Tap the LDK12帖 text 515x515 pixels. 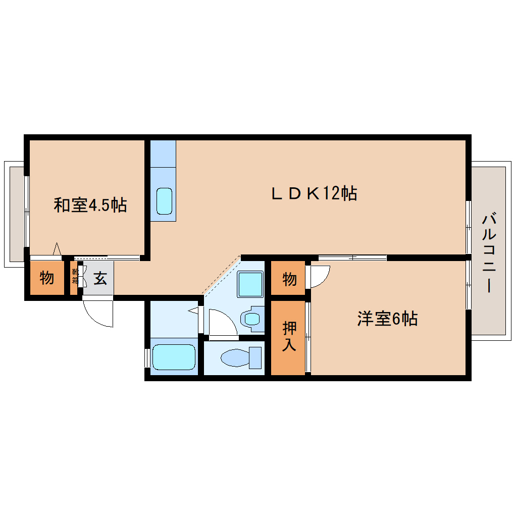[314, 193]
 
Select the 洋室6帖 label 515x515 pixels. [387, 319]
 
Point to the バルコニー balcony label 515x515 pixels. [488, 253]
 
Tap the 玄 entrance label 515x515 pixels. [100, 278]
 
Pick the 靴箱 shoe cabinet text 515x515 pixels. [75, 277]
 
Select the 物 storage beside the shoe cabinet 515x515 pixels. [47, 278]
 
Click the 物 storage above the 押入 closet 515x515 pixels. [289, 278]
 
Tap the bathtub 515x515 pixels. [174, 357]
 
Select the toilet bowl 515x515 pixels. [236, 358]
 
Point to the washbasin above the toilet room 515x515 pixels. [252, 319]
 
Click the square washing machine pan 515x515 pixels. [250, 284]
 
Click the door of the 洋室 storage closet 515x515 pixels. [319, 276]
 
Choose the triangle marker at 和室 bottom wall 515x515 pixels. [57, 249]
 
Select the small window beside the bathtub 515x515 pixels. [147, 357]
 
